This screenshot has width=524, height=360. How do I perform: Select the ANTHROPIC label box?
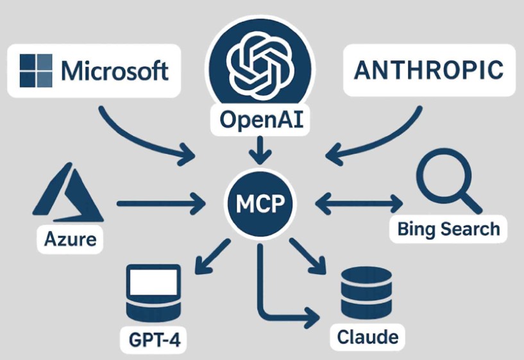click(x=429, y=71)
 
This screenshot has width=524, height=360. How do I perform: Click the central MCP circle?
click(x=261, y=205)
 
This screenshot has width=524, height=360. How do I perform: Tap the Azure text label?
click(x=71, y=240)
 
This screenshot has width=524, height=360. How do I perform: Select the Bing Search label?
click(x=448, y=228)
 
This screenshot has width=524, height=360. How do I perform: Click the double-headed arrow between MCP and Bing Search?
click(x=360, y=205)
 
